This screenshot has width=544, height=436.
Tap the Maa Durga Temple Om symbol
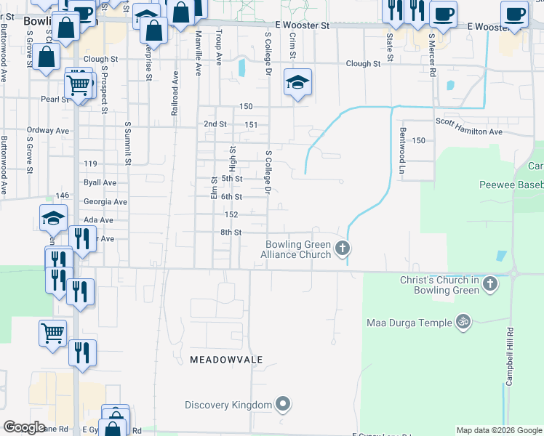462,320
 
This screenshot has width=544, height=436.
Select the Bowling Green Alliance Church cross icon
342,250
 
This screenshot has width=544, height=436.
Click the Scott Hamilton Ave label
468,132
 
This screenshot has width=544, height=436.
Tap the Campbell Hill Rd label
511,356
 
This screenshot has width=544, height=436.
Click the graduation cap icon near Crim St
297,84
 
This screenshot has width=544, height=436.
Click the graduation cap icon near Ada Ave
53,217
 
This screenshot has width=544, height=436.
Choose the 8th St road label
231,233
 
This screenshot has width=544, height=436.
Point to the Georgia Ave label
105,201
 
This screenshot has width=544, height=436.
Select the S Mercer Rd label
431,54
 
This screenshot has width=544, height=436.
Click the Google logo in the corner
24,427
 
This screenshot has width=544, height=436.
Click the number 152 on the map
231,214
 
